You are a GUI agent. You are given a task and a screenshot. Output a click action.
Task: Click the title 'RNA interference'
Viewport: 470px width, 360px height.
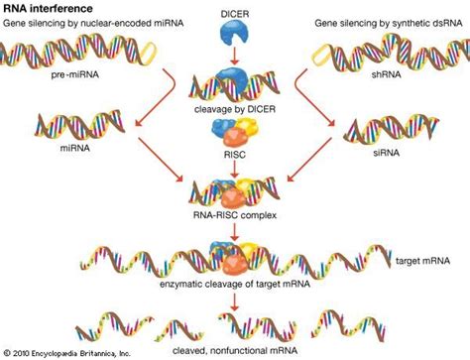click(x=48, y=8)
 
